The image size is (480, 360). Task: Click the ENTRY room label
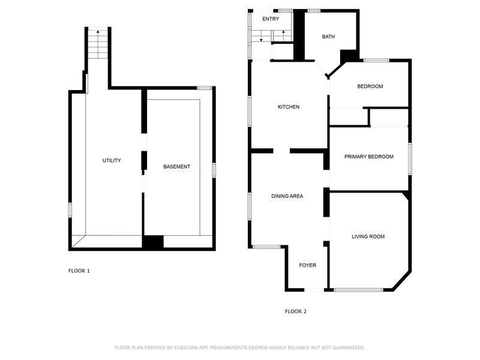271,19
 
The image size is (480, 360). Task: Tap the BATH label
328,37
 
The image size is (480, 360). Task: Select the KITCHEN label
289,107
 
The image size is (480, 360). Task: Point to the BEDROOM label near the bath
370,86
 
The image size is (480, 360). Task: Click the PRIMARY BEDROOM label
369,157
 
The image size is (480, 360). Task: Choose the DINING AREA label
287,196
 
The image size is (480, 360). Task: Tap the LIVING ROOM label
368,236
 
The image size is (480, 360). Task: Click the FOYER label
307,265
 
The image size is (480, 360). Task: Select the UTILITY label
112,160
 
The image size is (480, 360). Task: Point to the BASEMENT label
176,167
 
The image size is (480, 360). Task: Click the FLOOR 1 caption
79,271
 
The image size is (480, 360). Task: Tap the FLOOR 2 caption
295,311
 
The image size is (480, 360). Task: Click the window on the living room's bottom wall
358,290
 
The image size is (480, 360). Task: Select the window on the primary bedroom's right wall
410,158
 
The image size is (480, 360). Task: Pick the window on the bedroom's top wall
376,61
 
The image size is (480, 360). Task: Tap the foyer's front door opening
314,290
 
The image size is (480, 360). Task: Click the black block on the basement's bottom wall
153,242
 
